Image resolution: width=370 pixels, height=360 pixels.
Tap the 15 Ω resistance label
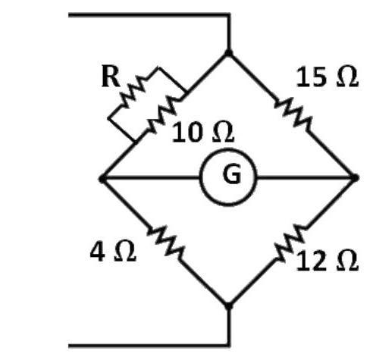pyautogui.click(x=327, y=77)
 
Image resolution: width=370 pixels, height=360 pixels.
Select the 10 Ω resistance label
pyautogui.click(x=203, y=132)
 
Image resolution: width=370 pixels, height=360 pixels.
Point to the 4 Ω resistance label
pyautogui.click(x=113, y=252)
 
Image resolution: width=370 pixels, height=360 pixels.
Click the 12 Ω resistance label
pyautogui.click(x=327, y=261)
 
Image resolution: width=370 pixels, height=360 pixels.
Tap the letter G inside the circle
pyautogui.click(x=231, y=174)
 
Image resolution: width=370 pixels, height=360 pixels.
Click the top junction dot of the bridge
pyautogui.click(x=229, y=53)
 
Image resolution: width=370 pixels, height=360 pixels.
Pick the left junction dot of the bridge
pyautogui.click(x=102, y=179)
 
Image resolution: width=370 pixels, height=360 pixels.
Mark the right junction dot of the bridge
pyautogui.click(x=355, y=177)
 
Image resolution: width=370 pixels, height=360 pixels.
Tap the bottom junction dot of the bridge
pyautogui.click(x=228, y=305)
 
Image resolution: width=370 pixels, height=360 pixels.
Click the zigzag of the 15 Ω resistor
pyautogui.click(x=293, y=113)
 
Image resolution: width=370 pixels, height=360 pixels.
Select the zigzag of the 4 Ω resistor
pyautogui.click(x=166, y=243)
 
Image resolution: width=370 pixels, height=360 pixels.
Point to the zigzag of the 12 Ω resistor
pyautogui.click(x=290, y=243)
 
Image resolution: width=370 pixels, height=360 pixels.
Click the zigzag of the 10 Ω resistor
pyautogui.click(x=164, y=114)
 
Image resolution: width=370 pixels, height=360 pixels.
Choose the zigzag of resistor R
pyautogui.click(x=133, y=92)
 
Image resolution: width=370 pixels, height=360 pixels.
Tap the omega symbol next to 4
pyautogui.click(x=125, y=252)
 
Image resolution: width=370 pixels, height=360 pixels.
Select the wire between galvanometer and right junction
pyautogui.click(x=306, y=178)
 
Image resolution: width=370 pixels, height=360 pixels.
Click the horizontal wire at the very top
pyautogui.click(x=149, y=15)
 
